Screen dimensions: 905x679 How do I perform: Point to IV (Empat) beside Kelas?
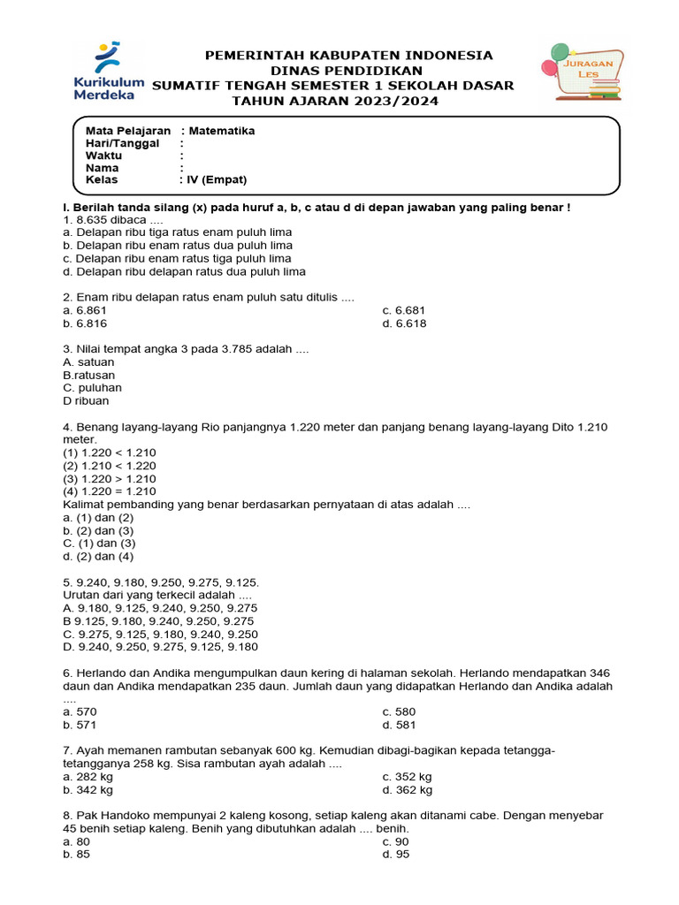click(216, 179)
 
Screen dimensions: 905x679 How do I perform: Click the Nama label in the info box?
click(102, 167)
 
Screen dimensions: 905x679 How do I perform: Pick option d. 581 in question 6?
click(399, 725)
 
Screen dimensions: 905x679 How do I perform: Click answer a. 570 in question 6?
click(80, 711)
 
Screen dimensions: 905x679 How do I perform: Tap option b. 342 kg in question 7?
click(88, 790)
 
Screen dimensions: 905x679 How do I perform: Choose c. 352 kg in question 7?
click(407, 777)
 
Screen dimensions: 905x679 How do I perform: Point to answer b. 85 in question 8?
click(76, 855)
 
